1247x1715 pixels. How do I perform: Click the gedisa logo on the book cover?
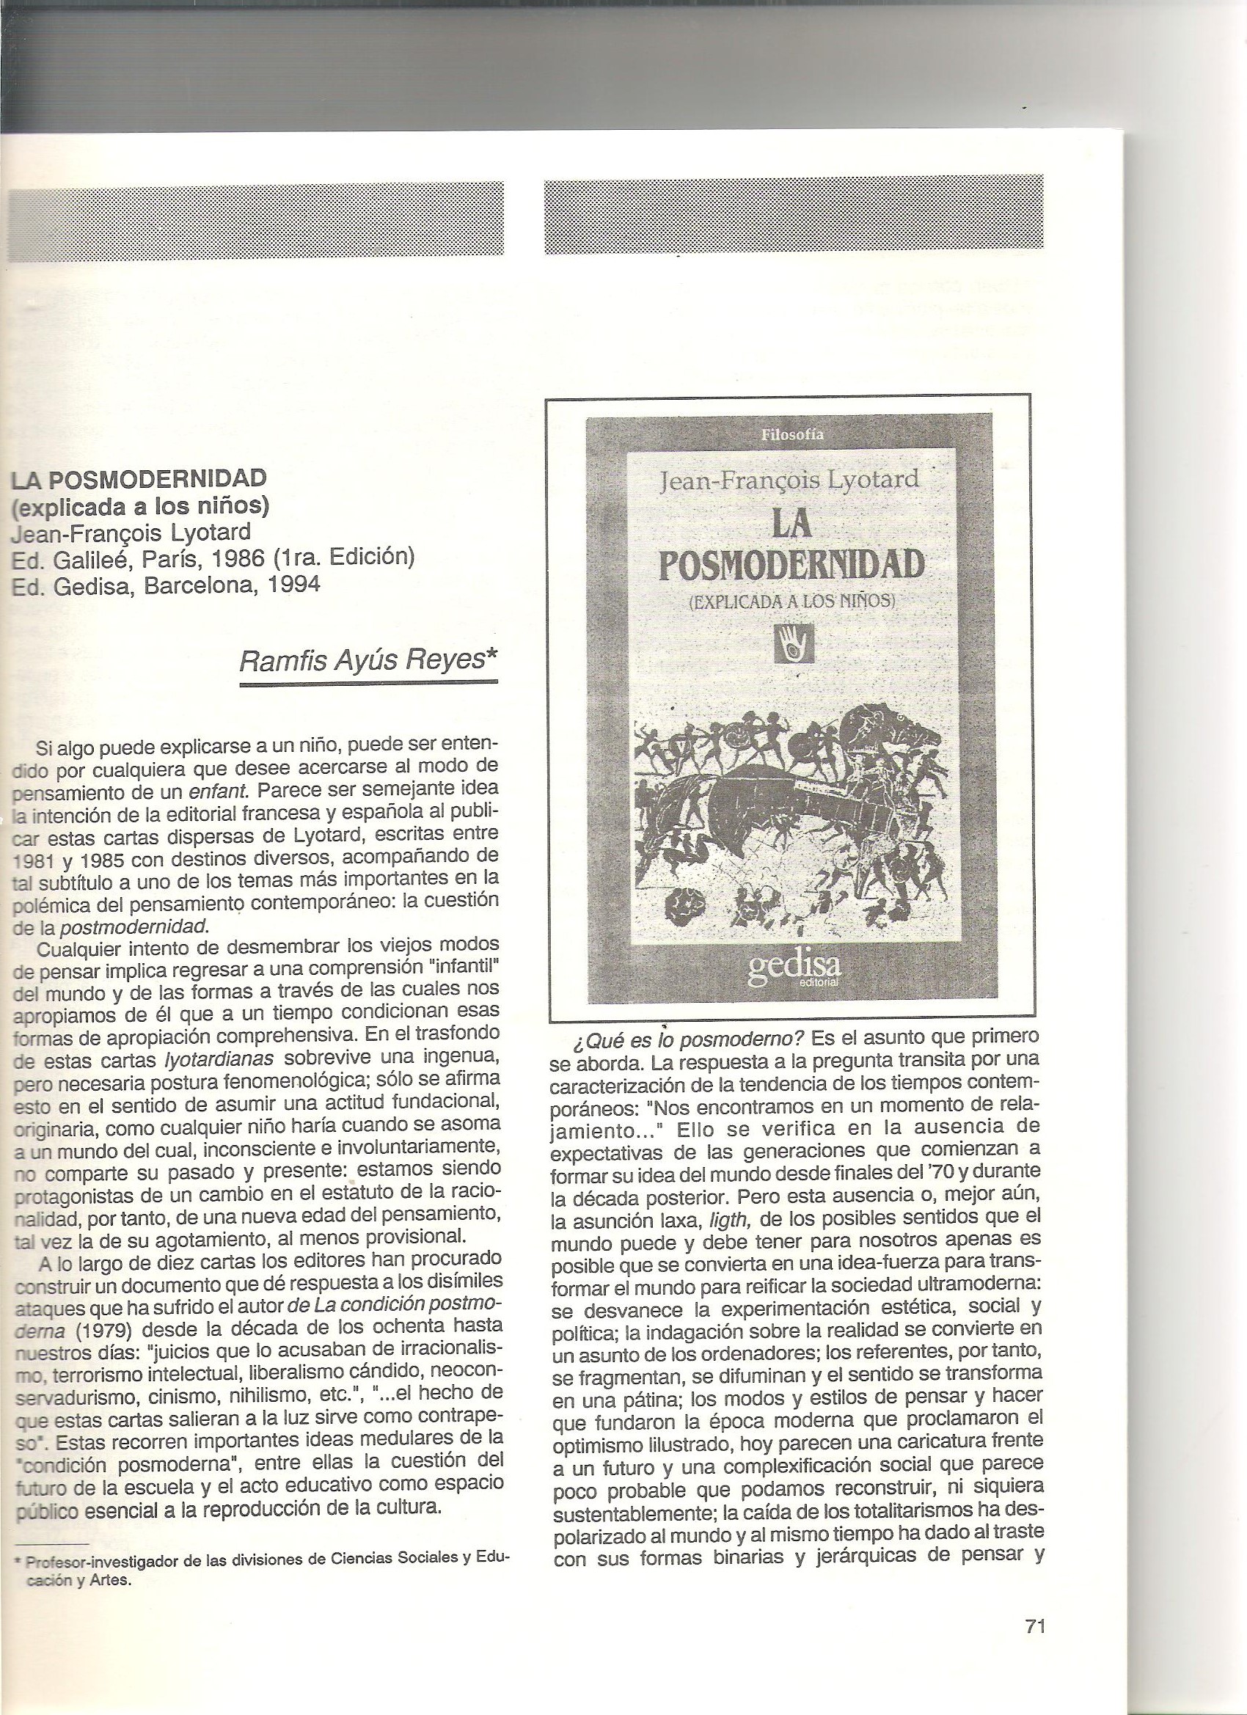(794, 970)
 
